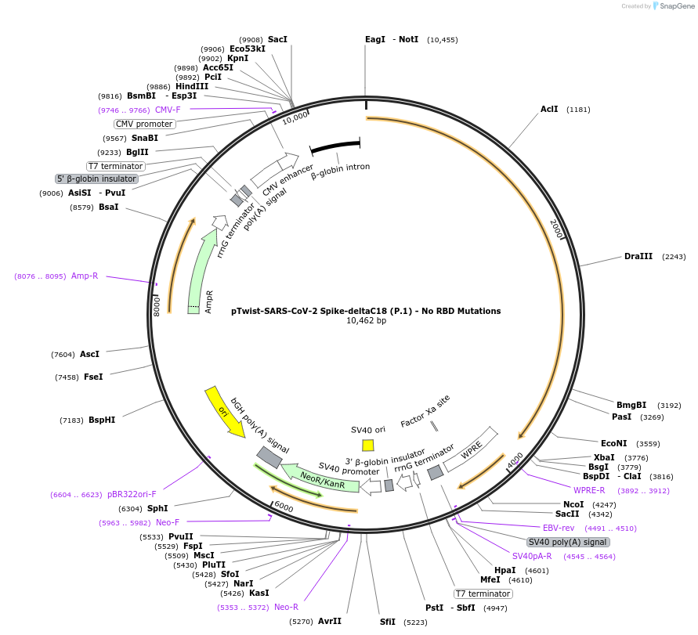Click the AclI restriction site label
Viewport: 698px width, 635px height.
(x=549, y=109)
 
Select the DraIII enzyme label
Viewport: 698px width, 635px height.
(x=638, y=256)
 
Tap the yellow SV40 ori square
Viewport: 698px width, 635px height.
(x=368, y=445)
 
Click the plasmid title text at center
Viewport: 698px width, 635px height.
(x=366, y=311)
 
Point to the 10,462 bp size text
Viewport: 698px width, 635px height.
(x=366, y=321)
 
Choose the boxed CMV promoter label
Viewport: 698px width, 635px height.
(x=144, y=124)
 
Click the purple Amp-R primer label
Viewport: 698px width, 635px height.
(x=85, y=276)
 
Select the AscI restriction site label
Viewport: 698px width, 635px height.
(x=89, y=354)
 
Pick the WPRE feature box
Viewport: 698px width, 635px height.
(x=472, y=449)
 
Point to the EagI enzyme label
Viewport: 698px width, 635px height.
(x=375, y=39)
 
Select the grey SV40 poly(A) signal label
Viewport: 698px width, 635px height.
(x=568, y=542)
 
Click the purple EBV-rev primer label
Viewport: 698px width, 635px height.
(x=559, y=528)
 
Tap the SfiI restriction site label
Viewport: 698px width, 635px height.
(x=388, y=622)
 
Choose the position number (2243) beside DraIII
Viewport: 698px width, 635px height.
(x=674, y=257)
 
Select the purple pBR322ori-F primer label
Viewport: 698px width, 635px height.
(x=132, y=494)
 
